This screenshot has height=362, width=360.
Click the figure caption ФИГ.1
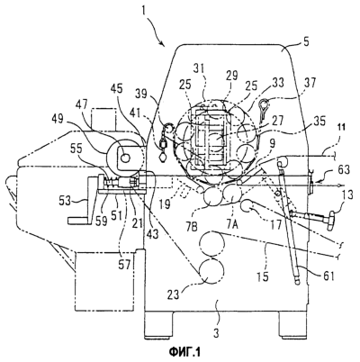point(184,351)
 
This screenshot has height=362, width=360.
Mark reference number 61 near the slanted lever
point(328,276)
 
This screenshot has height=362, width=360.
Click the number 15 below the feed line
point(263,276)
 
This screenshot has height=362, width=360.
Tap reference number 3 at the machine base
point(216,333)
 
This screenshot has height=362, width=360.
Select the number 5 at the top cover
point(306,41)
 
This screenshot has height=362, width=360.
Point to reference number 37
point(310,83)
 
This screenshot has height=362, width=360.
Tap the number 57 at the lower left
point(125,264)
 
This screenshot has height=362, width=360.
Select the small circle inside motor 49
point(125,157)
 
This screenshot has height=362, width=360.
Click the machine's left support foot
point(159,326)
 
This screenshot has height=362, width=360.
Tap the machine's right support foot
point(293,326)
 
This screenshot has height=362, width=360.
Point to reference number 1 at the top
point(144,13)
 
